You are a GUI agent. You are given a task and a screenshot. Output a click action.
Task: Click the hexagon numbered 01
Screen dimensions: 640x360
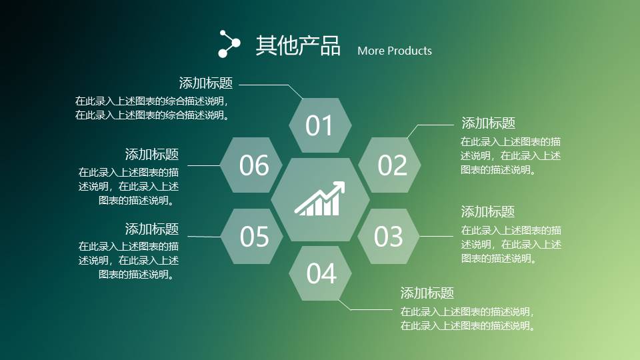tap(320, 125)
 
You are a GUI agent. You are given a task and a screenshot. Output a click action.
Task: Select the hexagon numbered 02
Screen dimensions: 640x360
tap(389, 165)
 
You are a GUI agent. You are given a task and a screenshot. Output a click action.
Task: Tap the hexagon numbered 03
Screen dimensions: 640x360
tap(389, 236)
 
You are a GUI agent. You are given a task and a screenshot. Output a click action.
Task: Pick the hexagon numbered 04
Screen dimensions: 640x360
tap(320, 273)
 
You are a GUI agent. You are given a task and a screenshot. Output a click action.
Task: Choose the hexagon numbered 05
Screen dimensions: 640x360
tap(252, 236)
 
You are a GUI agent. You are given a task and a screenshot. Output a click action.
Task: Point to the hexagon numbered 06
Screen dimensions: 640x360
tap(251, 165)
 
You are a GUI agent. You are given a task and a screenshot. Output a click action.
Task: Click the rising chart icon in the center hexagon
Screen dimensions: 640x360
tap(319, 199)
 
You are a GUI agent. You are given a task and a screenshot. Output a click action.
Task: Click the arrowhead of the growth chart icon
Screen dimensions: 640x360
tap(339, 187)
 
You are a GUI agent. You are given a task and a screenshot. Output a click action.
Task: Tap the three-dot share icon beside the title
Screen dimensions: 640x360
tap(229, 44)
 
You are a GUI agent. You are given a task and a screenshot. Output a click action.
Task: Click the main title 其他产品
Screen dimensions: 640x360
tap(298, 45)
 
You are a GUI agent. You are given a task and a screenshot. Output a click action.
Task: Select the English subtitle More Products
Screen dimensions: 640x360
tap(394, 51)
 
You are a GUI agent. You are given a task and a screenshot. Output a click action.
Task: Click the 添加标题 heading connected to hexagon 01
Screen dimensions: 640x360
tap(206, 83)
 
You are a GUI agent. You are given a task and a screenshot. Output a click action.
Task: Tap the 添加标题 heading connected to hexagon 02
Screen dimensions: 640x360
tap(488, 123)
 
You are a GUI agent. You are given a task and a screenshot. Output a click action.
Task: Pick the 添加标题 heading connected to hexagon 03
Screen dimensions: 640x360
tap(488, 211)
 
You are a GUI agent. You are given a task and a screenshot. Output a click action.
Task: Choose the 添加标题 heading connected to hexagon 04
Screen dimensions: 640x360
tap(427, 293)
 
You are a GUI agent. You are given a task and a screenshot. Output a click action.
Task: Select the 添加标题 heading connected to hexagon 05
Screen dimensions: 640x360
tap(152, 229)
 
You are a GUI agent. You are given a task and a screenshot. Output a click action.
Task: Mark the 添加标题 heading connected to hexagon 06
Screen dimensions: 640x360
tap(152, 154)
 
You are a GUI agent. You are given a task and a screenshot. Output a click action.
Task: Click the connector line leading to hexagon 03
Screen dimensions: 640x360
tap(436, 236)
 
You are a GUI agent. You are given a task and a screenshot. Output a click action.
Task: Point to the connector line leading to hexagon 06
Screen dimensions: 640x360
tap(204, 166)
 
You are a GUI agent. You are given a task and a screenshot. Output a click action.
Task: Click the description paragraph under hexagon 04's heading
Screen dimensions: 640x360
tap(467, 319)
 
